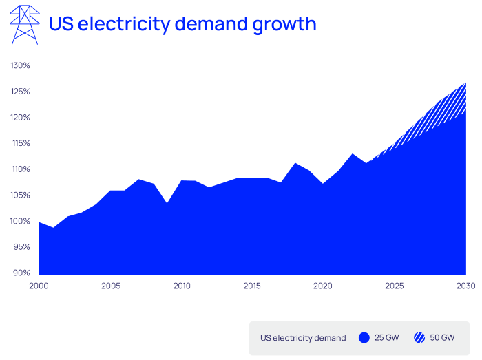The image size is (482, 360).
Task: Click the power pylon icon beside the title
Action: click(x=24, y=24)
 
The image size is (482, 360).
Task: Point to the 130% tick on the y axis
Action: click(x=21, y=65)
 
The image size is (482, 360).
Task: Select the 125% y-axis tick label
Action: click(x=21, y=92)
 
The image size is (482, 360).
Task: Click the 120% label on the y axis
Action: click(x=21, y=118)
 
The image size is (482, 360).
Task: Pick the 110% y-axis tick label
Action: click(x=21, y=169)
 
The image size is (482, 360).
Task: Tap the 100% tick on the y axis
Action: click(x=21, y=221)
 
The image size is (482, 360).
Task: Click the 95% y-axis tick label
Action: click(x=21, y=247)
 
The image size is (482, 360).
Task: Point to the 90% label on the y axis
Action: click(x=21, y=273)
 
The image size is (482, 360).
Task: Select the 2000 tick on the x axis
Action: click(x=40, y=286)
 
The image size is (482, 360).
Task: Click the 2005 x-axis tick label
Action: click(x=111, y=286)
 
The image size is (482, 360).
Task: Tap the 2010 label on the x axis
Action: click(x=182, y=286)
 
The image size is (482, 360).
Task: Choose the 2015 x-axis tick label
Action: click(x=253, y=286)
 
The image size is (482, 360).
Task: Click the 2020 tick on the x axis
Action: click(x=324, y=286)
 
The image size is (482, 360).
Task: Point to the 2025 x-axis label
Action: click(x=395, y=286)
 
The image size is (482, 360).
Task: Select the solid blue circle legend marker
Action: click(x=365, y=338)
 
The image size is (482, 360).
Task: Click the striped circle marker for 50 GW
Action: click(x=419, y=338)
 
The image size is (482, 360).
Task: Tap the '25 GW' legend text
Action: click(x=386, y=338)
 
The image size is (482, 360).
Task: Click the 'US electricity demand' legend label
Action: click(x=303, y=338)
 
